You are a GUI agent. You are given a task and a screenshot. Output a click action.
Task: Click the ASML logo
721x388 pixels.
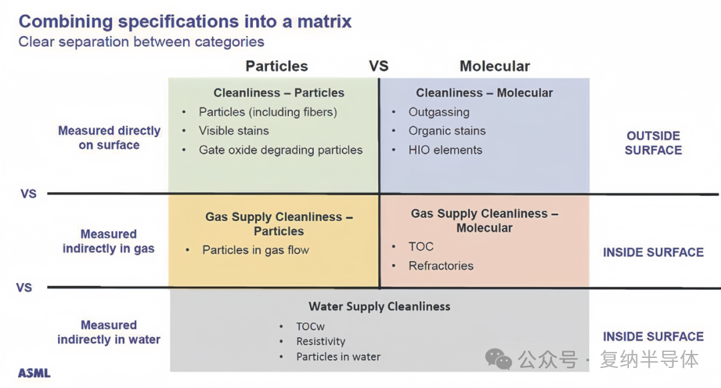[x=34, y=373]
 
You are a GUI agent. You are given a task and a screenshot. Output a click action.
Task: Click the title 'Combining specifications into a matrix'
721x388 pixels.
[x=185, y=21]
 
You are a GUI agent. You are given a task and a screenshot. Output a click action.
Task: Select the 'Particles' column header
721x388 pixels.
[x=276, y=66]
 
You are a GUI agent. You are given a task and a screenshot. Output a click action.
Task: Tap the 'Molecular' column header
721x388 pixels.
[x=495, y=66]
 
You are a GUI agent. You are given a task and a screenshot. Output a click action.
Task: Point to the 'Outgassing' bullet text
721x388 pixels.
[x=439, y=112]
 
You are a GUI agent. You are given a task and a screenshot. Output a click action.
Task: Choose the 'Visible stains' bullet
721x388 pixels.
[x=234, y=131]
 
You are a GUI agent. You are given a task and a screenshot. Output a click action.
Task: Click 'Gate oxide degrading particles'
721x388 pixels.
[x=280, y=150]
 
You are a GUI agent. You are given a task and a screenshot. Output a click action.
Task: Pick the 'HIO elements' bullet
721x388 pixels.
[x=445, y=150]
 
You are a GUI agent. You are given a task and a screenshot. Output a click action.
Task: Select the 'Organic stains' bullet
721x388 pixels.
[x=447, y=131]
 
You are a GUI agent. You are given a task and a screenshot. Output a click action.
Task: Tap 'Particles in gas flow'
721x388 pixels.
[x=256, y=250]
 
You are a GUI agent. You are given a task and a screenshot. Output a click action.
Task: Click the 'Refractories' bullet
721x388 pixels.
[x=441, y=266]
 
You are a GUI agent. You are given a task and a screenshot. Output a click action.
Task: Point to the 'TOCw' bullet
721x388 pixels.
[x=310, y=327]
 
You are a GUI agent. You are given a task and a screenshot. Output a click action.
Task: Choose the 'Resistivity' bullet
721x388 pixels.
[x=320, y=341]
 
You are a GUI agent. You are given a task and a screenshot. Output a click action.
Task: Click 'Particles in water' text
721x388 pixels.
[x=338, y=357]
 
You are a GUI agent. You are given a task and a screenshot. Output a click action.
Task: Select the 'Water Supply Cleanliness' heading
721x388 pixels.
[x=379, y=307]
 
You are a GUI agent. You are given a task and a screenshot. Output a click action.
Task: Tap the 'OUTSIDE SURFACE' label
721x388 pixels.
[x=654, y=143]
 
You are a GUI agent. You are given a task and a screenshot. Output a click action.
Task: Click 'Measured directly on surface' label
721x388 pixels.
[x=109, y=138]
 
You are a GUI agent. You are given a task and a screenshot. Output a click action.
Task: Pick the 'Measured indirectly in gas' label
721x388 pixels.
[x=109, y=241]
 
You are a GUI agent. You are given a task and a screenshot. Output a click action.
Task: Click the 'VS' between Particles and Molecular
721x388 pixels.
[x=379, y=66]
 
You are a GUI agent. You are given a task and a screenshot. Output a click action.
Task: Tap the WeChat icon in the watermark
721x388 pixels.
[x=499, y=359]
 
